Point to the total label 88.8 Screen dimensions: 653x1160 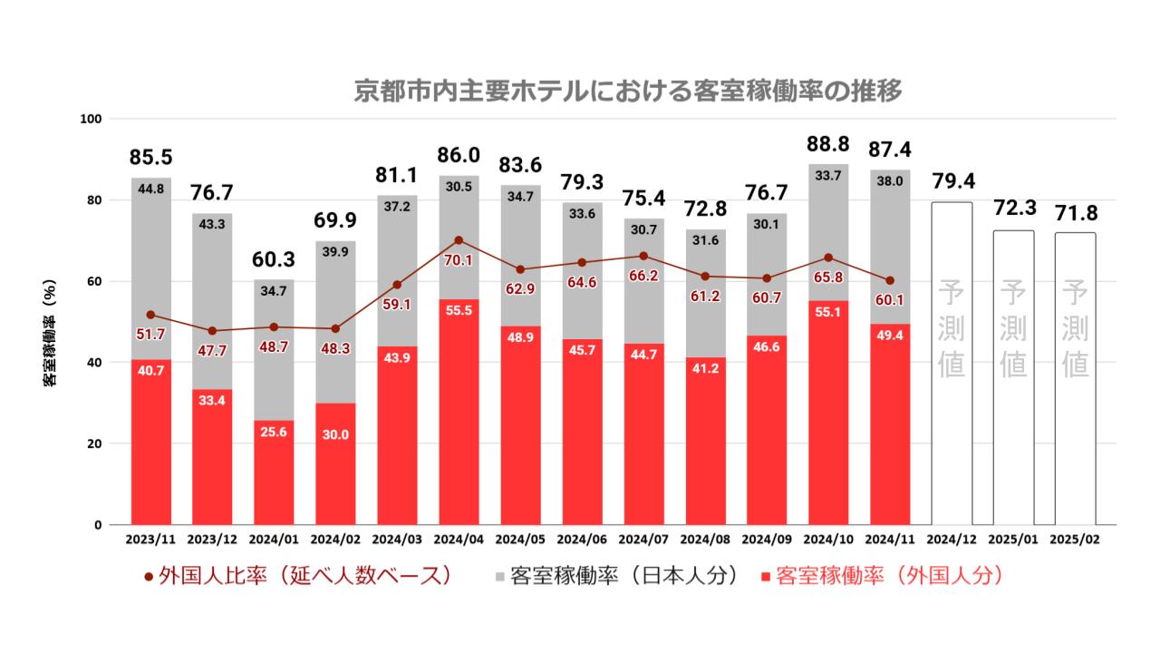click(x=826, y=147)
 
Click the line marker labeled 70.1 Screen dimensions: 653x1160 click(x=458, y=240)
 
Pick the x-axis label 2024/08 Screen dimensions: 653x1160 click(x=703, y=539)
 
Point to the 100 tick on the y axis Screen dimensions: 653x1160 click(x=93, y=119)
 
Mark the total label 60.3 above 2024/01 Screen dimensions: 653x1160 click(x=274, y=261)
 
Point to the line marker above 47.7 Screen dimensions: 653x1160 click(x=212, y=331)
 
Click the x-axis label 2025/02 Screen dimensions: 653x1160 click(x=1075, y=539)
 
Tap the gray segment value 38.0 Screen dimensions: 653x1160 click(x=887, y=180)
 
